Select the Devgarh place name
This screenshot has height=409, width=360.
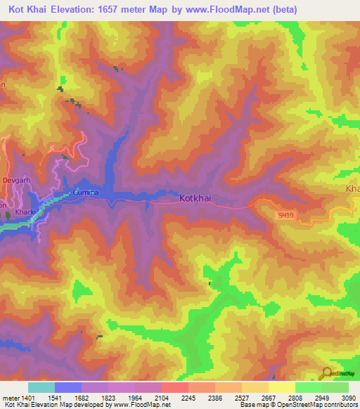tap(17, 181)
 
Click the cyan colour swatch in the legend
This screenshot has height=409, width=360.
tap(41, 387)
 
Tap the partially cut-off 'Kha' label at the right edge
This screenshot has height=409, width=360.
tap(352, 190)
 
